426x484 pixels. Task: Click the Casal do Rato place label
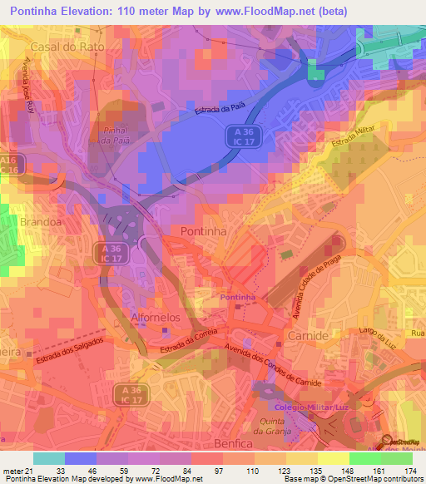coord(67,47)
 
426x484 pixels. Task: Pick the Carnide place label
coord(305,333)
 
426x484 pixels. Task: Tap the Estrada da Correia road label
coord(184,339)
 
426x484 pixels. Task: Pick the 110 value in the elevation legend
coord(250,471)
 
